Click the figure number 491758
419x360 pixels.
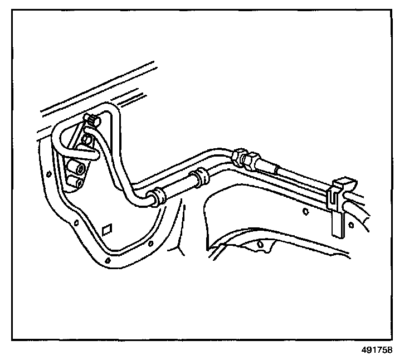pyautogui.click(x=376, y=350)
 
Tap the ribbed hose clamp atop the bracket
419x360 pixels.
pyautogui.click(x=91, y=119)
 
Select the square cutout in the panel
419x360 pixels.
pyautogui.click(x=108, y=228)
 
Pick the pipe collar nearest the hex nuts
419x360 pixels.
pyautogui.click(x=201, y=177)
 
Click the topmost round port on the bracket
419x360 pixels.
pyautogui.click(x=87, y=138)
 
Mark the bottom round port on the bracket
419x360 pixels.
pyautogui.click(x=80, y=182)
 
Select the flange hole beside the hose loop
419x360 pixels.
pyautogui.click(x=48, y=175)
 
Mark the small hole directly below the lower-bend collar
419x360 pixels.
pyautogui.click(x=151, y=244)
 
